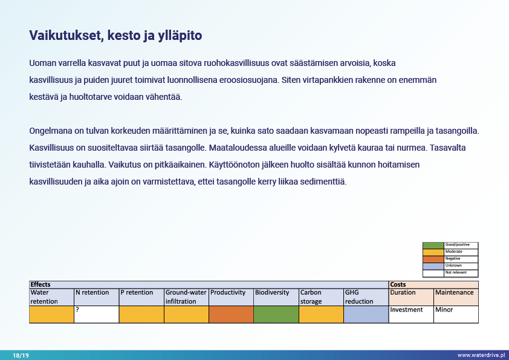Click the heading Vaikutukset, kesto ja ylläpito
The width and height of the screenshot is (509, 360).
[x=115, y=36]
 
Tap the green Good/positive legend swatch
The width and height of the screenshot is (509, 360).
[x=433, y=245]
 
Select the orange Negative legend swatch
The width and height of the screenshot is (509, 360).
[x=433, y=259]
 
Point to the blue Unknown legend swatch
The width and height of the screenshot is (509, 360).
[x=433, y=266]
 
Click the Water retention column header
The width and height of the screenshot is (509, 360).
[x=51, y=296]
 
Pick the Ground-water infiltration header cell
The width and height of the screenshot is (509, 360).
[x=186, y=296]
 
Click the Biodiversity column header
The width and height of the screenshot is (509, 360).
[x=272, y=293]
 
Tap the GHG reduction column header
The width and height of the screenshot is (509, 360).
[x=365, y=296]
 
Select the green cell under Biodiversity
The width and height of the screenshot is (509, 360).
[x=276, y=314]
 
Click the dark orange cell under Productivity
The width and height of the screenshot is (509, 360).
[x=231, y=314]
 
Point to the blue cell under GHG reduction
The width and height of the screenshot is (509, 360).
[x=365, y=314]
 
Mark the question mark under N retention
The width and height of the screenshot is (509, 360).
[x=77, y=310]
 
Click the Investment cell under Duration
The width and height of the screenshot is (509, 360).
[x=406, y=310]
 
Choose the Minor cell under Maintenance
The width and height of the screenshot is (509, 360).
[x=444, y=310]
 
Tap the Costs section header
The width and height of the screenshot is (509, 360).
[x=398, y=284]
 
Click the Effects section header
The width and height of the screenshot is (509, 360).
[x=41, y=284]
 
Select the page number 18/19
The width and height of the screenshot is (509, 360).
[x=21, y=355]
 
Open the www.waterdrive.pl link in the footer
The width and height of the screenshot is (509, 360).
[x=481, y=355]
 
